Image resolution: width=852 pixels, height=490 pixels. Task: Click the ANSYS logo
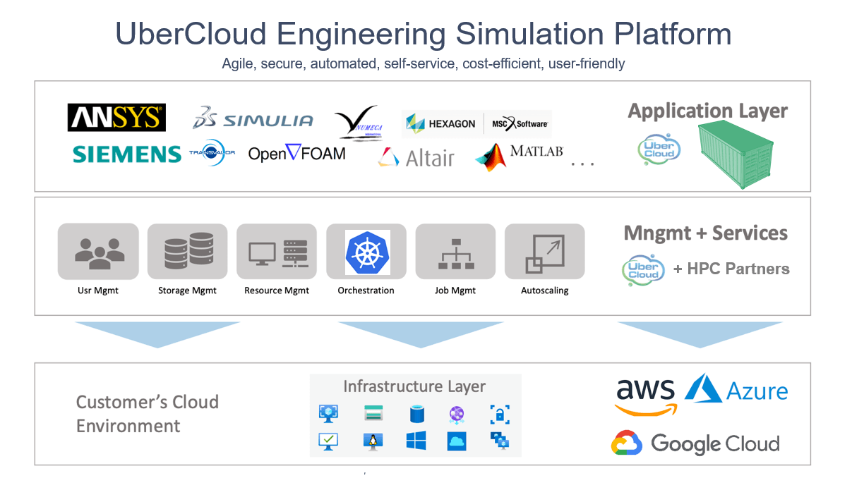pos(116,117)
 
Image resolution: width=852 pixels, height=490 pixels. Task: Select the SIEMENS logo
pos(126,154)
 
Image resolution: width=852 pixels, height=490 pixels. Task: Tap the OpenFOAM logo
pos(296,153)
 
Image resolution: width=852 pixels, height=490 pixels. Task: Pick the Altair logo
pos(416,157)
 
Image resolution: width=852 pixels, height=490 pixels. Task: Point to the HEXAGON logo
pos(441,124)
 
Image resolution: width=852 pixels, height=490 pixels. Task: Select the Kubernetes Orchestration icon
pos(367,252)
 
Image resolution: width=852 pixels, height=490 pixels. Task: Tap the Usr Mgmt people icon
pos(99,252)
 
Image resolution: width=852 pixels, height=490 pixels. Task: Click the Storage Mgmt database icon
pos(188,252)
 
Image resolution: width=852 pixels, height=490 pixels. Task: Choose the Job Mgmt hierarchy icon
pos(456,252)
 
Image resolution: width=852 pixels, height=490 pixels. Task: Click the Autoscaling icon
pos(545,252)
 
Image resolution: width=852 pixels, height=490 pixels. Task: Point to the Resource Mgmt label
pos(277,290)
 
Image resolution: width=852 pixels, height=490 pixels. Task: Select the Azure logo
pos(736,390)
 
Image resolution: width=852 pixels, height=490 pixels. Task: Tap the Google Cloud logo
pos(695,443)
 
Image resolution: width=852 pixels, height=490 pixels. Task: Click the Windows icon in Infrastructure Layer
pos(416,441)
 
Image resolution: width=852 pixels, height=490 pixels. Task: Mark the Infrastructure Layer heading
pos(414,386)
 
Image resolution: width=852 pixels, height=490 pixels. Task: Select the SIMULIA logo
pos(253,120)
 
